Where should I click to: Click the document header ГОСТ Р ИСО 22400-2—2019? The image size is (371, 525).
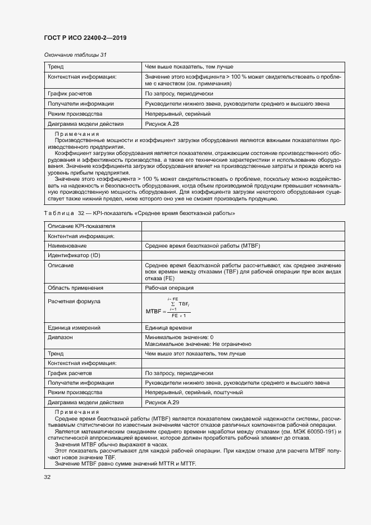[x=85, y=38]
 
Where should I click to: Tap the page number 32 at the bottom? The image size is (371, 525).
[x=47, y=477]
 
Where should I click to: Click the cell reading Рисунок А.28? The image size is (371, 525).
[x=162, y=124]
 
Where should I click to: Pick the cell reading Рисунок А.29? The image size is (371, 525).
[x=162, y=402]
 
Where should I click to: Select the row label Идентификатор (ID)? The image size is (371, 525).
[x=74, y=255]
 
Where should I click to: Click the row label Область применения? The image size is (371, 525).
[x=75, y=287]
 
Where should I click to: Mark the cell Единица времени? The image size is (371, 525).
[x=168, y=327]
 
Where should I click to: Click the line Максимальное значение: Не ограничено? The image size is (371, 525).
[x=198, y=344]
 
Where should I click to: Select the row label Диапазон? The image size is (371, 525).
[x=61, y=337]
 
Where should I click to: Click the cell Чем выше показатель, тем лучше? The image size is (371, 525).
[x=185, y=66]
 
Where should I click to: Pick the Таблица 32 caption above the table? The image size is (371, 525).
[x=139, y=213]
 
